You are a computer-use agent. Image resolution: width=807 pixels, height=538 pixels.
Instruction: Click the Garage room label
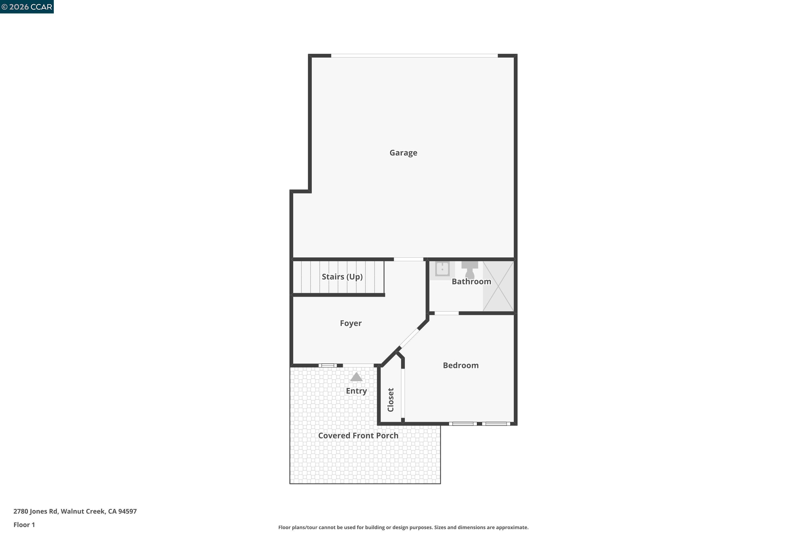pyautogui.click(x=403, y=153)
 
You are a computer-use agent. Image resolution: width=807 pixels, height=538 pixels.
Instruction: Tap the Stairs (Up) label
pyautogui.click(x=342, y=277)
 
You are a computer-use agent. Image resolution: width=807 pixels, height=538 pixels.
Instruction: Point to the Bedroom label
pyautogui.click(x=461, y=365)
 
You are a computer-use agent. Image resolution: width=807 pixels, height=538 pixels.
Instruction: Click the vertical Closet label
pyautogui.click(x=391, y=400)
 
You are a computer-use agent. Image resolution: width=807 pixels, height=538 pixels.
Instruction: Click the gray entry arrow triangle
pyautogui.click(x=356, y=377)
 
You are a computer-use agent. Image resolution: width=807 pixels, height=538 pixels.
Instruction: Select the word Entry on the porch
pyautogui.click(x=356, y=391)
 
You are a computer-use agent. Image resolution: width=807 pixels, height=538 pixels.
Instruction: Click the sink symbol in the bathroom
pyautogui.click(x=442, y=269)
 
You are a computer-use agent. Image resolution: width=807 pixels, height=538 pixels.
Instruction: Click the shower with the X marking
pyautogui.click(x=498, y=286)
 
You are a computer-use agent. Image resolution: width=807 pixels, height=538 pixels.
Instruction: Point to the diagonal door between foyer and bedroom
pyautogui.click(x=409, y=339)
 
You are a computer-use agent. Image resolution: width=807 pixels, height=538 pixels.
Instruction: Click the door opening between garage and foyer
pyautogui.click(x=408, y=259)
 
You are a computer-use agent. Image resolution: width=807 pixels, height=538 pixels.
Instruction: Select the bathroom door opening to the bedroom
pyautogui.click(x=446, y=313)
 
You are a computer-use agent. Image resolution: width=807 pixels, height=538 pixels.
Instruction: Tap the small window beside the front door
pyautogui.click(x=327, y=365)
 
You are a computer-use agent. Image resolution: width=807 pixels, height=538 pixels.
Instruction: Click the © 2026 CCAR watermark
pyautogui.click(x=27, y=7)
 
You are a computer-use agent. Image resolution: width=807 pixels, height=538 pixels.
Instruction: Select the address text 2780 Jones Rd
pyautogui.click(x=75, y=511)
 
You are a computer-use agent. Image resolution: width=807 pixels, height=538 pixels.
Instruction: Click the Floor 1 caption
pyautogui.click(x=24, y=525)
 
